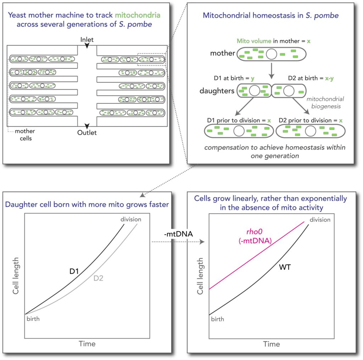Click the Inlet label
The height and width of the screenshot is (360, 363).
click(87, 39)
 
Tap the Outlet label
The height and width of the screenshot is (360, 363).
click(87, 133)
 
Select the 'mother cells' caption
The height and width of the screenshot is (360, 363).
click(24, 135)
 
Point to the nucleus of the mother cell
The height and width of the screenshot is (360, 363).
click(272, 54)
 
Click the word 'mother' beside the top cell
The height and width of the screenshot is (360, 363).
click(222, 54)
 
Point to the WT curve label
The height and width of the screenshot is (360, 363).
click(285, 267)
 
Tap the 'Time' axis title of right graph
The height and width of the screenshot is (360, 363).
click(271, 344)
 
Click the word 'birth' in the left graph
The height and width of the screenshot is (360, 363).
click(32, 319)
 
